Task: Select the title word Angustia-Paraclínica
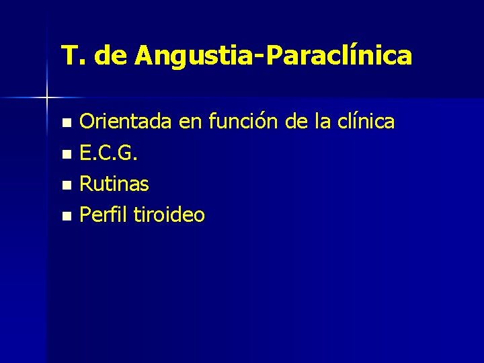tap(273, 56)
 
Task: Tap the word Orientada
tap(125, 122)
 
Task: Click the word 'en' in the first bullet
tap(190, 122)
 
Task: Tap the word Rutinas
tap(114, 184)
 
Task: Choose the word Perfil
tap(104, 215)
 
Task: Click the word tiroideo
tap(169, 215)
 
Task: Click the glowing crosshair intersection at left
tap(47, 98)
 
